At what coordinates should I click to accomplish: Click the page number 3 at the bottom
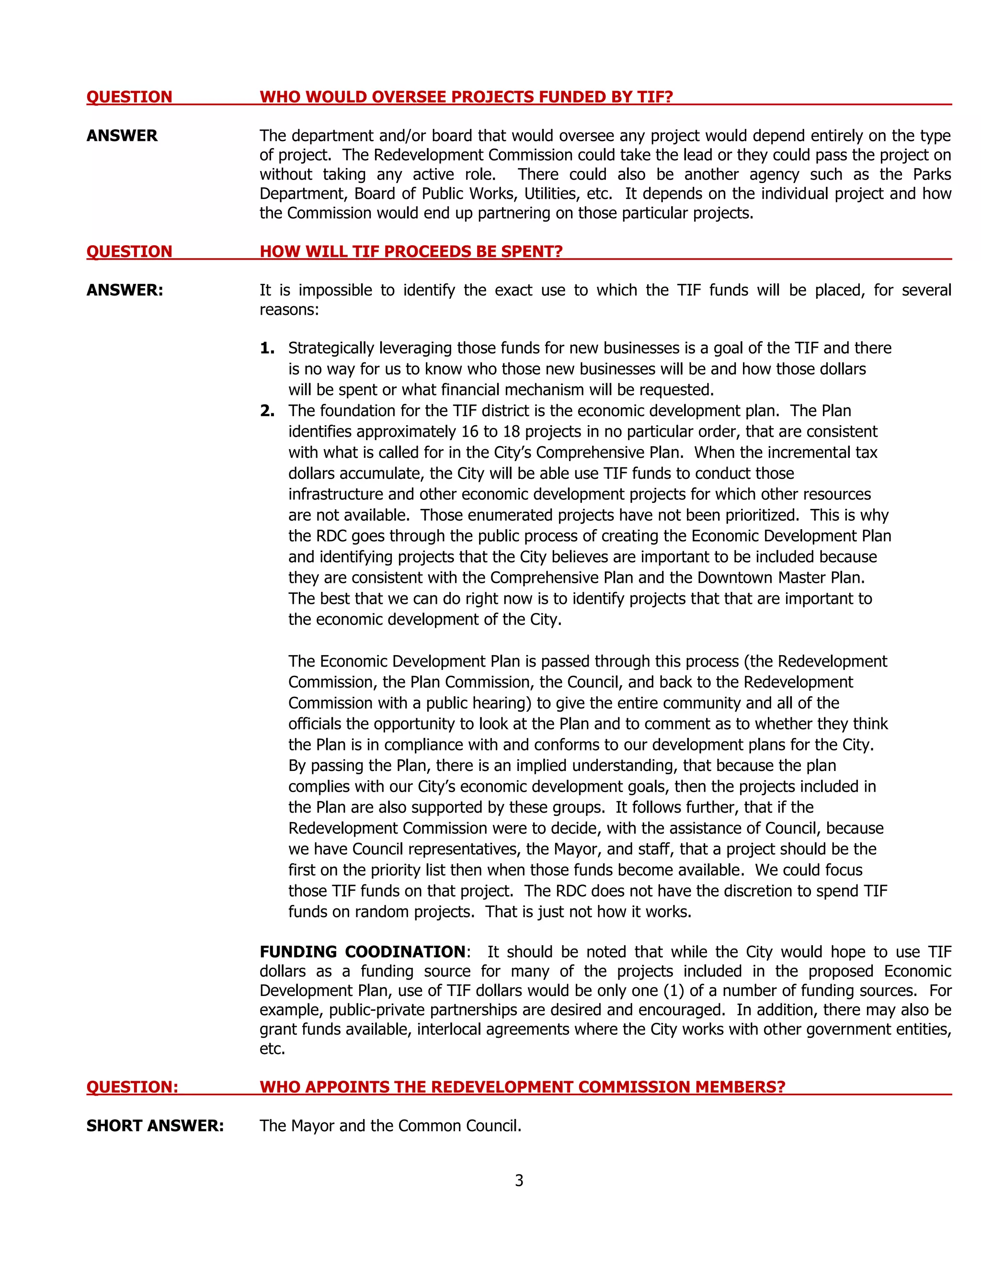[x=519, y=1180]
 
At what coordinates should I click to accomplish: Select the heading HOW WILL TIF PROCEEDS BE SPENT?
[x=411, y=251]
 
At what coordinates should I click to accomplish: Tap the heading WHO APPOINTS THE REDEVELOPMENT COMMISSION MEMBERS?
[x=522, y=1087]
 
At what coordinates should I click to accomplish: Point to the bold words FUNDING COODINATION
[x=362, y=952]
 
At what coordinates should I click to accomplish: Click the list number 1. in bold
[x=267, y=348]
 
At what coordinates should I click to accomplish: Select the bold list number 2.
[x=267, y=411]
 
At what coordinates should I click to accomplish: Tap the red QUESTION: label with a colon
[x=132, y=1087]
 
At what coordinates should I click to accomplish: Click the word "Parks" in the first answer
[x=932, y=174]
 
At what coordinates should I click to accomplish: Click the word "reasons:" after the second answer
[x=289, y=310]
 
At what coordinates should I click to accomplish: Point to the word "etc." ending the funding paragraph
[x=272, y=1048]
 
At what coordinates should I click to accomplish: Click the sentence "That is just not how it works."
[x=588, y=912]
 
